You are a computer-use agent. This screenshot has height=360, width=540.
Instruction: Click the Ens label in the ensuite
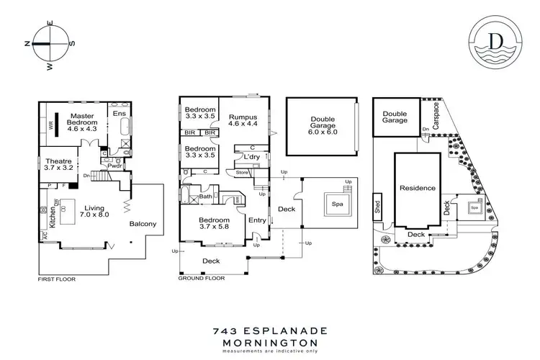tap(117, 113)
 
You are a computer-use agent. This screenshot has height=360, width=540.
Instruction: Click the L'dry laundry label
tap(252, 157)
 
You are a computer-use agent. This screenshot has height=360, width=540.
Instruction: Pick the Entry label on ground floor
tap(256, 220)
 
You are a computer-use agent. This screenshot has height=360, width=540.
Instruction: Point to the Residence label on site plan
tap(418, 188)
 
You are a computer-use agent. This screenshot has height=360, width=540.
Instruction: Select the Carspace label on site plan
tap(436, 113)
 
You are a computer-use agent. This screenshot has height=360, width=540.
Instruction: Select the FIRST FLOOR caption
tap(55, 278)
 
